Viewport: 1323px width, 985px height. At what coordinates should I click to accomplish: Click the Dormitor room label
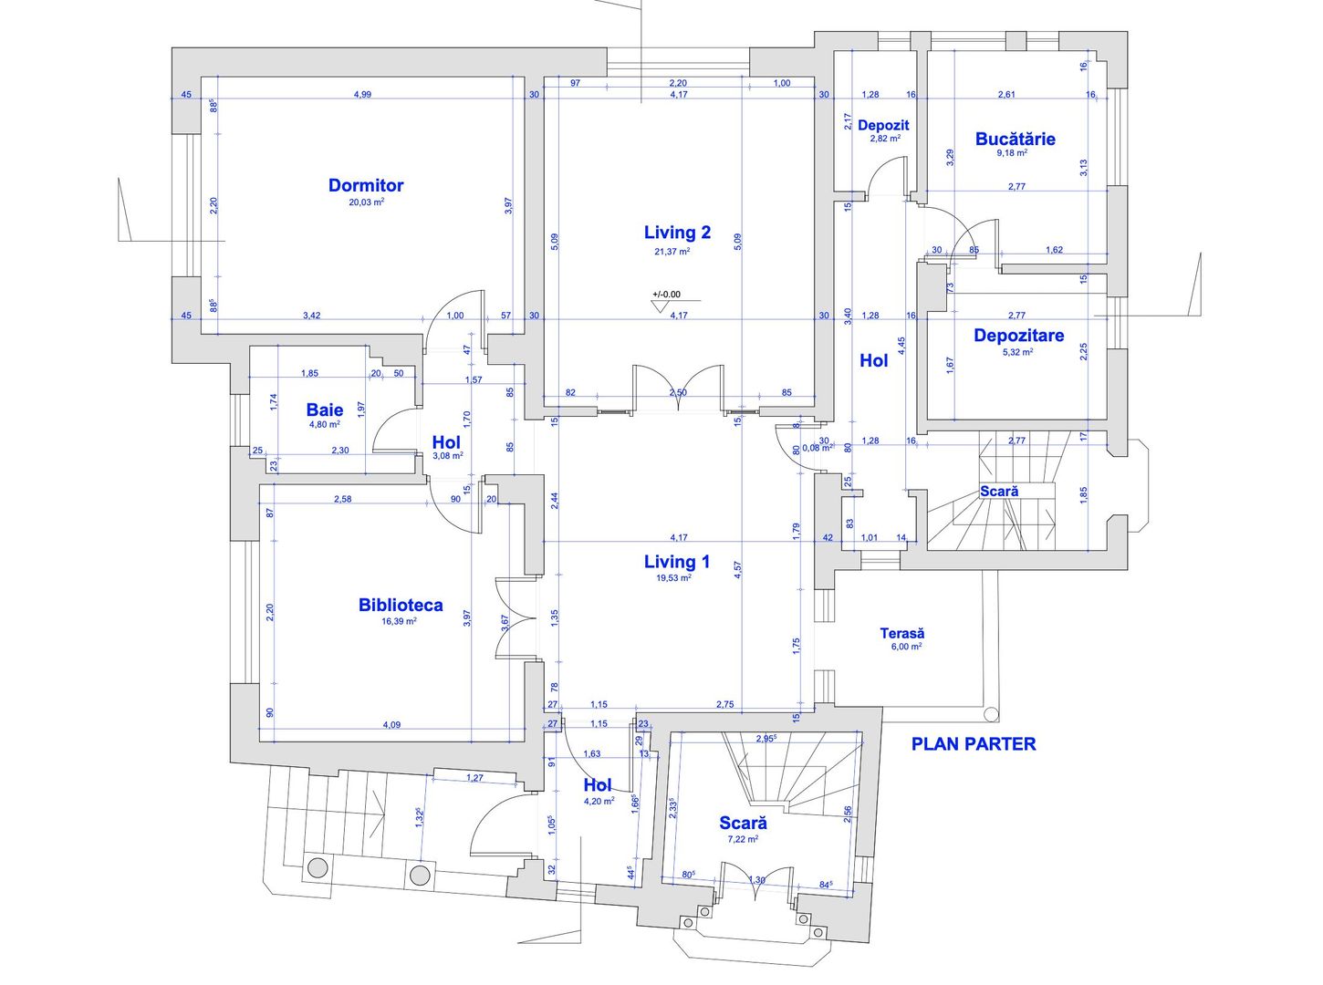366,185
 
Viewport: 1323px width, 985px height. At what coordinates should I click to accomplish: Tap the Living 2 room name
677,233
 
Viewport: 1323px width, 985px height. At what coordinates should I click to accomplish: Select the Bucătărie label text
1015,139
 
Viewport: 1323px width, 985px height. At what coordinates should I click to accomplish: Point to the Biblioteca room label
401,605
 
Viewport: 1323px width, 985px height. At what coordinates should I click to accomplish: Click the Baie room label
325,410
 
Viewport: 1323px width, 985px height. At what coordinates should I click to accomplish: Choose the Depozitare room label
1018,336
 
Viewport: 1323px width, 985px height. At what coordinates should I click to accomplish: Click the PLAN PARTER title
974,744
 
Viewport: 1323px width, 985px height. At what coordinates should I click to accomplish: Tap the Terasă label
901,633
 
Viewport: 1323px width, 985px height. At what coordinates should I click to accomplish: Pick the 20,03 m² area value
366,202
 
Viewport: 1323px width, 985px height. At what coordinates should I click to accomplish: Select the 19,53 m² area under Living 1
673,577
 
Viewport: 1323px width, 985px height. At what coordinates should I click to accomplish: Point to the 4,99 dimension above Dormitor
362,94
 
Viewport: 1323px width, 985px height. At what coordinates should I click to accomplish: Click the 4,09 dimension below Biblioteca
391,725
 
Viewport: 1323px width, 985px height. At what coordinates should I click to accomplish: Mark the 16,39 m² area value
399,621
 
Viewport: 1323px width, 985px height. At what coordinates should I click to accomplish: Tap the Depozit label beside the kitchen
883,125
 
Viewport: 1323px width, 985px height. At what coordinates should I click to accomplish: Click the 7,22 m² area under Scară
743,839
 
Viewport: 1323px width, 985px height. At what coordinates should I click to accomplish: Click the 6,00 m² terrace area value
906,647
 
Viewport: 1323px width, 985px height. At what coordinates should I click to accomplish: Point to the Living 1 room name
677,562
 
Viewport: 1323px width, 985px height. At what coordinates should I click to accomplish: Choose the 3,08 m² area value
447,456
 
